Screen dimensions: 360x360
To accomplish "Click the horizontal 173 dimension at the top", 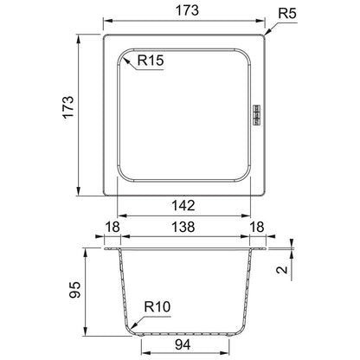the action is coord(187,10).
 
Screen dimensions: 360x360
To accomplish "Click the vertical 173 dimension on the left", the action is coord(68,107).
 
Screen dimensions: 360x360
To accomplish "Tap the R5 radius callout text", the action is coord(287,13).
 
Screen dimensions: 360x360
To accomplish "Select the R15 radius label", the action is coord(151,61).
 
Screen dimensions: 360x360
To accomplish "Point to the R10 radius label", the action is coord(157,306).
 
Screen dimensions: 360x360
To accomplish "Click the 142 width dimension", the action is coord(183,206).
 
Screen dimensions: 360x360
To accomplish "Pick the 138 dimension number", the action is coord(183,227).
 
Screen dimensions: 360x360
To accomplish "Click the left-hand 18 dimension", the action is coord(112,227).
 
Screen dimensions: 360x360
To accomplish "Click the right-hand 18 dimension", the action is coord(257,227).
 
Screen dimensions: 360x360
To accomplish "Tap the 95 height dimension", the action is coord(74,289).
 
